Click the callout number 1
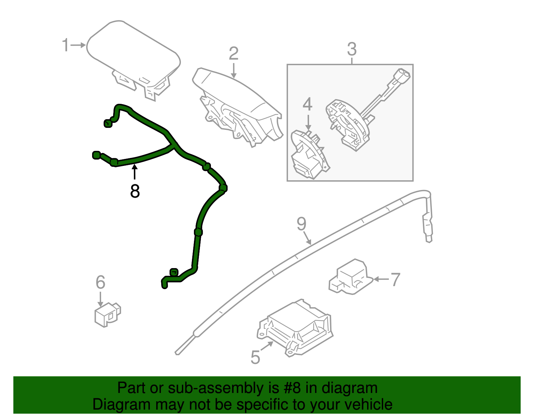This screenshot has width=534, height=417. coord(65,45)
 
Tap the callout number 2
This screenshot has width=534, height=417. coord(234,53)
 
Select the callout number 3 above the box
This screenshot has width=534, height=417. coord(352,49)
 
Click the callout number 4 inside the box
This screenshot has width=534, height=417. coord(307,105)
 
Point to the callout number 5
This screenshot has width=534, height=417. coord(255,357)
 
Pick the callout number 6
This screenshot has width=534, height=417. coord(100,282)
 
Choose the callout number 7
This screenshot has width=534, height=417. coord(395,279)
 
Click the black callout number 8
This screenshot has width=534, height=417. coord(135,191)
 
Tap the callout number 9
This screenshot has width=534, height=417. coord(301,224)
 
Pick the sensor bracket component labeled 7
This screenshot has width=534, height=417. coord(350,277)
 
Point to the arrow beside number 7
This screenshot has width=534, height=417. coord(380,279)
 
